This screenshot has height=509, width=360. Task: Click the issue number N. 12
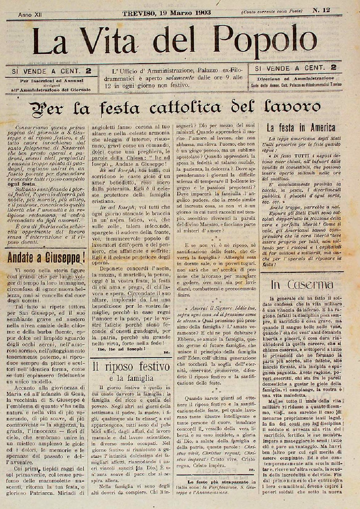pos(321,10)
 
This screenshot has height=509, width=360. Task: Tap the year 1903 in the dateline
pos(201,13)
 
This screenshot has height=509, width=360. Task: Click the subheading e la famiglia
pos(131,378)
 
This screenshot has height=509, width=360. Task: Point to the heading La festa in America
pos(301,127)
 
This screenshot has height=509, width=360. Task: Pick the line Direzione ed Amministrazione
pos(291,78)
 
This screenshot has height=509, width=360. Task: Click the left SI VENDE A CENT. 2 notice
pos(51,71)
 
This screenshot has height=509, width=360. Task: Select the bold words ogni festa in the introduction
pos(27,184)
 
